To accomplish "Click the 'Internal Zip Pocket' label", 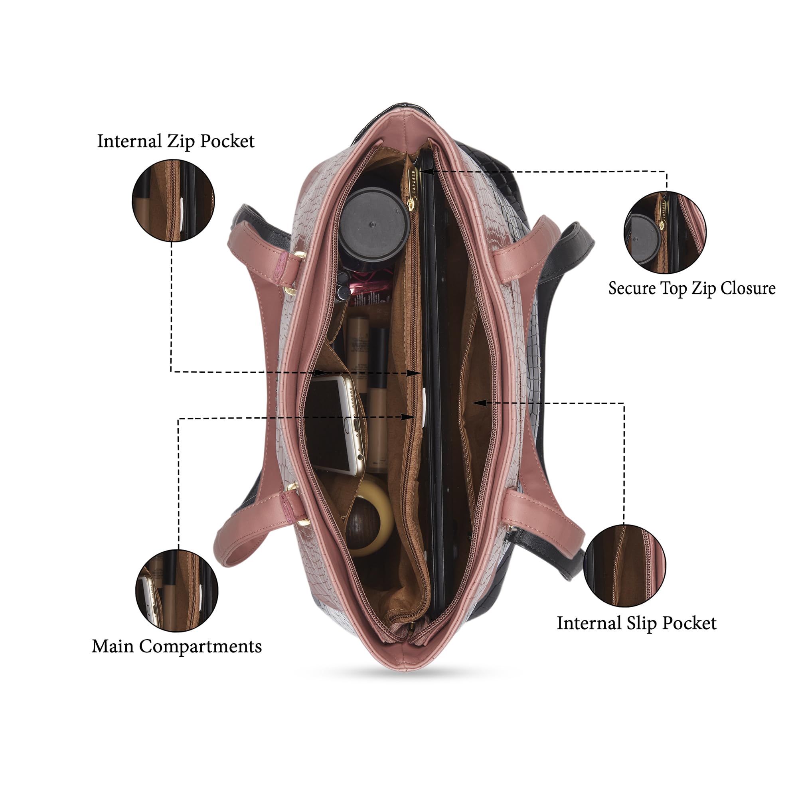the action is (176, 141).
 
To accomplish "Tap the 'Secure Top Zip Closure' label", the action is (692, 288).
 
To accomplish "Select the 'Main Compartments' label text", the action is (177, 646).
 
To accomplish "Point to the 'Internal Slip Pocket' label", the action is (636, 623).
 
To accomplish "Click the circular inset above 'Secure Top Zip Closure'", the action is (665, 232).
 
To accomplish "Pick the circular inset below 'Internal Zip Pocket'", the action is (173, 200).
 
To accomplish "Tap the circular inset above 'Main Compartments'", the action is (177, 590).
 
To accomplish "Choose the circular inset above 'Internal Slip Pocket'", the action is (624, 566).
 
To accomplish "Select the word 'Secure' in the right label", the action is (632, 288).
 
